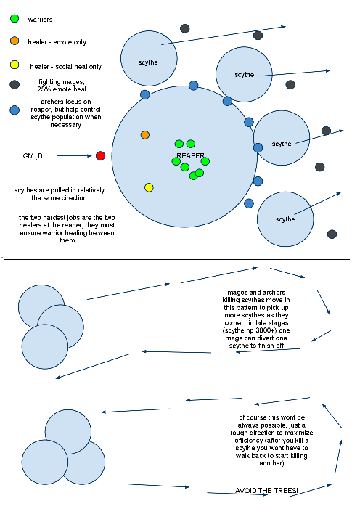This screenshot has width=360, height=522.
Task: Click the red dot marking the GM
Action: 100,155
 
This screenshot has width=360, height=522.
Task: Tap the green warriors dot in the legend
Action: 15,18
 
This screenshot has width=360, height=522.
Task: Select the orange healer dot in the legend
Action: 15,41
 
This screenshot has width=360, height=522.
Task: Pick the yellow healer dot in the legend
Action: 15,65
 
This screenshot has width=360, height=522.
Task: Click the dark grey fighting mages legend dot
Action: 15,84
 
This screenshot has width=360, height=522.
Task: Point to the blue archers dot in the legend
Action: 15,110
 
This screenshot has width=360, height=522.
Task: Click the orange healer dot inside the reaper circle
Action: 145,135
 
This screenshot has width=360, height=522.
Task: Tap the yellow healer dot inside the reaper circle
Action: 149,187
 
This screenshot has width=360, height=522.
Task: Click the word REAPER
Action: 190,156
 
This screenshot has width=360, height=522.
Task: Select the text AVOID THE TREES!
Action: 266,490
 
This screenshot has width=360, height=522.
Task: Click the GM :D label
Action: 33,156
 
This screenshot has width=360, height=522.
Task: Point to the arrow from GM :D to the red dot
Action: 75,155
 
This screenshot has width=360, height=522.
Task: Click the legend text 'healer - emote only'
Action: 57,42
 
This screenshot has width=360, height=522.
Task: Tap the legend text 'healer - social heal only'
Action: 65,67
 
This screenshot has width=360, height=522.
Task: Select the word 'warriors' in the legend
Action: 40,20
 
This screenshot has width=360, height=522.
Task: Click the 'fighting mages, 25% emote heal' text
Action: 62,86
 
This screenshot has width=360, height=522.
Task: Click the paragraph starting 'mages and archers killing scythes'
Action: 256,319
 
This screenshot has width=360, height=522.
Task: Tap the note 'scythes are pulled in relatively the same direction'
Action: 60,194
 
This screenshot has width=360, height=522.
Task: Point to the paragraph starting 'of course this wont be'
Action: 271,440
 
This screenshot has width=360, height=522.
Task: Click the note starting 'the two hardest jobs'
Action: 67,229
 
